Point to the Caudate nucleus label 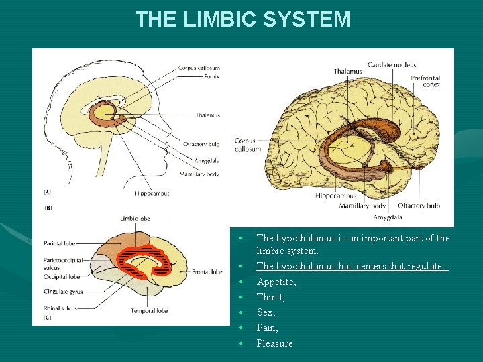click(x=392, y=65)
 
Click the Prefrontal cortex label click(x=425, y=81)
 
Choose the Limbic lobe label click(x=134, y=219)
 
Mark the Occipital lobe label click(x=61, y=276)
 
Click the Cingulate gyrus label click(x=63, y=292)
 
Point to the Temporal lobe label click(x=150, y=311)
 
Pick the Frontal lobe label click(x=207, y=272)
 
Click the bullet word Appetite click(x=276, y=282)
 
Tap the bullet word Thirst click(x=271, y=297)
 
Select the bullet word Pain click(x=268, y=328)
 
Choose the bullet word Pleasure click(x=275, y=343)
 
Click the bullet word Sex click(x=266, y=312)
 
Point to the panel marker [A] click(x=48, y=192)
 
